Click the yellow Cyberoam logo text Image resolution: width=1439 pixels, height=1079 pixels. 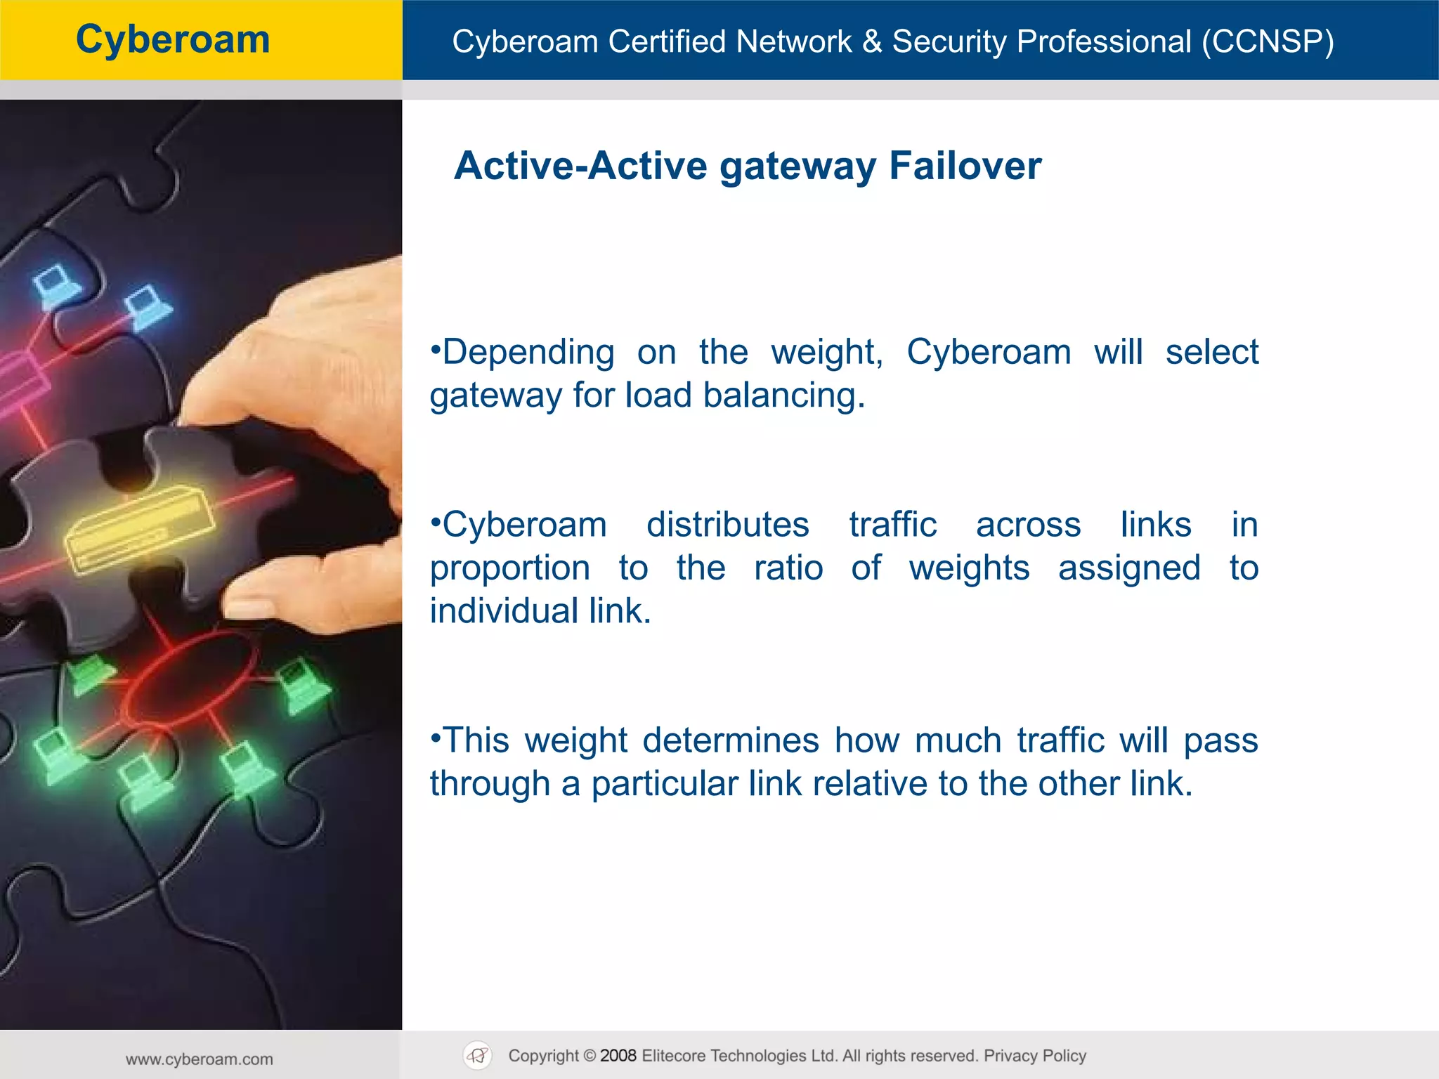click(173, 39)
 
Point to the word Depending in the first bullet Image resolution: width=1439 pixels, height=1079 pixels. click(528, 352)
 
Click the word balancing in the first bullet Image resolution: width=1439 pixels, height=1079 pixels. click(783, 395)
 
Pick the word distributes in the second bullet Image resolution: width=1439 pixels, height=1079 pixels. click(727, 525)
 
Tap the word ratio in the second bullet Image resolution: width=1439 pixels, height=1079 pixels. click(788, 568)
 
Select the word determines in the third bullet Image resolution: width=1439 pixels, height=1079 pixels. click(730, 740)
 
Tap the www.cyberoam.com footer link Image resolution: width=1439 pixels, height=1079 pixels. click(200, 1059)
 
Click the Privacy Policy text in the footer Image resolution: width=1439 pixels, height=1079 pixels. click(1034, 1056)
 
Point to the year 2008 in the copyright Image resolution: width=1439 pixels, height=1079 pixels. click(618, 1056)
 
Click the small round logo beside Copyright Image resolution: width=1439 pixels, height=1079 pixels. click(478, 1055)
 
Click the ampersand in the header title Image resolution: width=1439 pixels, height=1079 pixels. click(871, 41)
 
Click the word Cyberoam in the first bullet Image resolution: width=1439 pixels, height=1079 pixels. click(988, 352)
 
